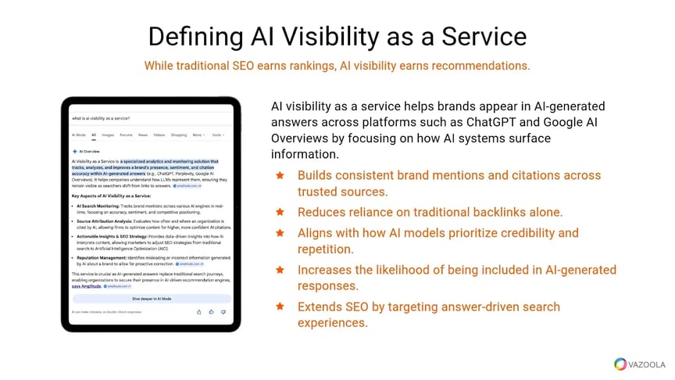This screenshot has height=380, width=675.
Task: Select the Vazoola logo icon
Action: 620,364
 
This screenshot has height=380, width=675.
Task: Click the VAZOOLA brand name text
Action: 647,364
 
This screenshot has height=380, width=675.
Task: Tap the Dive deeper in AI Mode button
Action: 152,299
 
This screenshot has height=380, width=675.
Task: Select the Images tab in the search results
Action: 108,134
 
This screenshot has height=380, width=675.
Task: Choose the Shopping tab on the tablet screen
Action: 179,134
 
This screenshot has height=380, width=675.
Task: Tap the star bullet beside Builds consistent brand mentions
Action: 279,175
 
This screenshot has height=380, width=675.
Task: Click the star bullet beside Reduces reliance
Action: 279,212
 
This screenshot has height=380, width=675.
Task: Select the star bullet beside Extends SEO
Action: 279,307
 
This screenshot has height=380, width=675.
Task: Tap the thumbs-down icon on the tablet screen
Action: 223,311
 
